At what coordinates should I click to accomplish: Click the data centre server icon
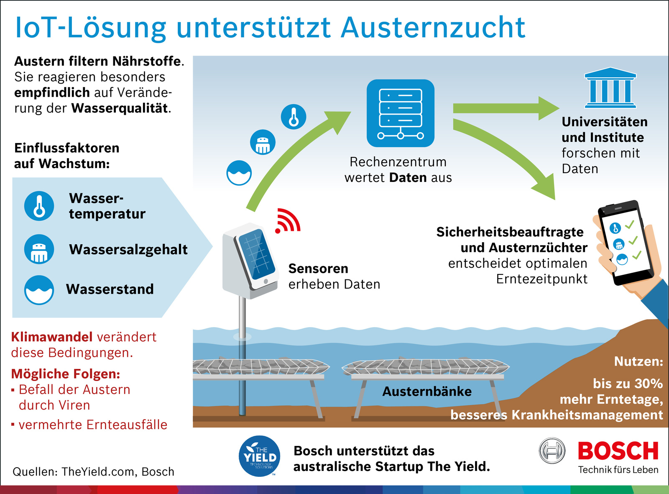click(400, 113)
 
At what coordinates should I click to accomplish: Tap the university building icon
click(610, 87)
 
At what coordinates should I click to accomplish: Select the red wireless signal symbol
click(287, 221)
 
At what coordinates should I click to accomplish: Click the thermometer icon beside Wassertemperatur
click(39, 206)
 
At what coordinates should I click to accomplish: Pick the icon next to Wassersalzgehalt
click(39, 249)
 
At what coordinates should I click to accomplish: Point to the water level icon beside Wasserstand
click(39, 290)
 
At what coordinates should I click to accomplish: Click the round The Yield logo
click(259, 456)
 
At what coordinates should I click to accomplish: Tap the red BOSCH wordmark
click(618, 451)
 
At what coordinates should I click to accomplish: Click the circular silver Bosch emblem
click(552, 450)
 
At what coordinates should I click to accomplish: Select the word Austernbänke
click(427, 392)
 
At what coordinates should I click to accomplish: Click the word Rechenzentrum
click(398, 162)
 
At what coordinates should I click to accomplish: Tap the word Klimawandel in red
click(51, 337)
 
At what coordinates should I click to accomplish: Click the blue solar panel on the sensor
click(257, 254)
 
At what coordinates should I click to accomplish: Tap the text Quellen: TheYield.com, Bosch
click(94, 472)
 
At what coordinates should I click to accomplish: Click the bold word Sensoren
click(318, 269)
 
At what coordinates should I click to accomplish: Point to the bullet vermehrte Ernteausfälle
click(89, 425)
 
